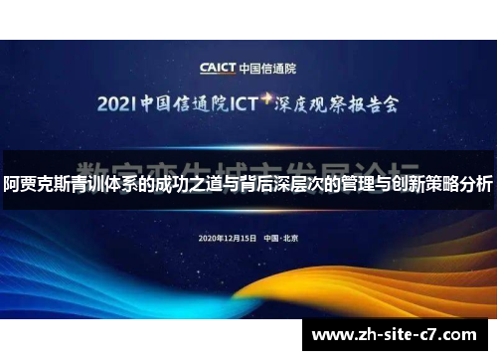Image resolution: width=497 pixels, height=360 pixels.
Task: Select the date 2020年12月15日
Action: [228, 239]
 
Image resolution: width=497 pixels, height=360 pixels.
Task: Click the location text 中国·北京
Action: [281, 239]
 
